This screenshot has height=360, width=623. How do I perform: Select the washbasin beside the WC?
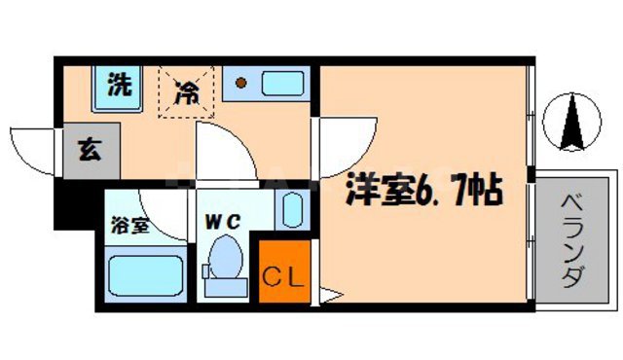coord(291,209)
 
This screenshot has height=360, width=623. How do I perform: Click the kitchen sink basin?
coord(278,85)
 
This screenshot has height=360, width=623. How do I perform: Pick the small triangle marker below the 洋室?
coord(328,294)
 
